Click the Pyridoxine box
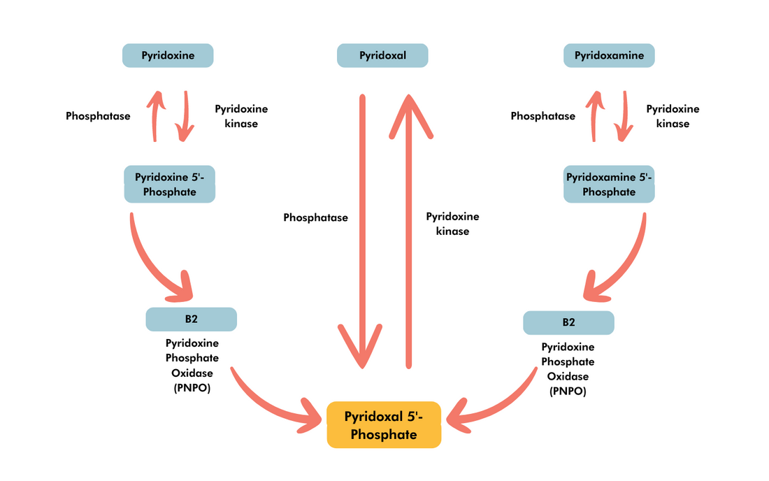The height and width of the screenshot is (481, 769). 168,55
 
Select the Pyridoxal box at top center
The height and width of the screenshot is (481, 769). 382,55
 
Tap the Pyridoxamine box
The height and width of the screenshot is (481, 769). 609,55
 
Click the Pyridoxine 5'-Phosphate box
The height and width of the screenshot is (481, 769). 169,185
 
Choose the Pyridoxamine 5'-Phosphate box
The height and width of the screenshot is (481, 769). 609,185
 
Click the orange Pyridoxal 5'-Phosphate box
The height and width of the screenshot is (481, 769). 384,425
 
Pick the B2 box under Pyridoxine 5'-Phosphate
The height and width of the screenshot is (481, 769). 191,320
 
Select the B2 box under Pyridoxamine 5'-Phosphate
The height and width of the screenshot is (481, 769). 568,322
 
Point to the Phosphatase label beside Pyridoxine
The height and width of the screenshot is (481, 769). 98,116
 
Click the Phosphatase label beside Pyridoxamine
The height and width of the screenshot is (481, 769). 543,116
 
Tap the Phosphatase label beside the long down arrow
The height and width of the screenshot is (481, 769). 315,217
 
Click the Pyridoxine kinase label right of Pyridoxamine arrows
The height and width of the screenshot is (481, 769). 673,116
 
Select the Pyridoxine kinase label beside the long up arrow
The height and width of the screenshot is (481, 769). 452,224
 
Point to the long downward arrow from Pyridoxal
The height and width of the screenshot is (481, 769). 362,231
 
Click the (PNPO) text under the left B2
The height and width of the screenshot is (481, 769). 192,387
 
